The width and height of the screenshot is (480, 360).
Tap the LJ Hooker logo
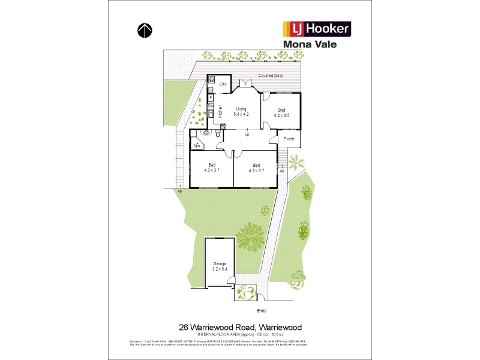coord(316,29)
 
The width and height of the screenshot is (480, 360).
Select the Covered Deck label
coord(270,76)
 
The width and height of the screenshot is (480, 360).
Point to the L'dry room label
coord(221,83)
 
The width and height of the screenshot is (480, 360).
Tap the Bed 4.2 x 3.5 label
coord(282,112)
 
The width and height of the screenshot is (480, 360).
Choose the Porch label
coord(289,139)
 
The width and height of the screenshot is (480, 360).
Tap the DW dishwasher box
coord(211,106)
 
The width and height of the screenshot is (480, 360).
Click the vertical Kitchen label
coord(220,111)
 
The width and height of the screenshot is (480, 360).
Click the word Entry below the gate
coord(261,310)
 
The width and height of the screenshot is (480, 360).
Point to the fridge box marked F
coord(211,97)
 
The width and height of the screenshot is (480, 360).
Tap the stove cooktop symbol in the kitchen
coord(223,126)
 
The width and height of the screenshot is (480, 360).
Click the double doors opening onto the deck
coord(244,83)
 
